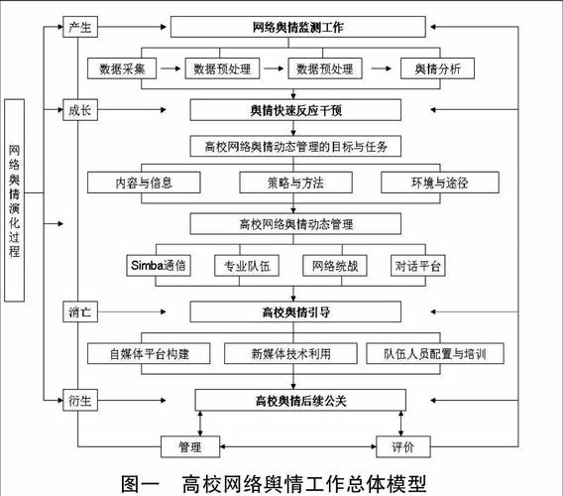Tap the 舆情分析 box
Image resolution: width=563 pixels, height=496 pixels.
point(436,69)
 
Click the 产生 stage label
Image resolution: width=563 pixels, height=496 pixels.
point(79,27)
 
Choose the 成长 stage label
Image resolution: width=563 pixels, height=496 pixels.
point(79,110)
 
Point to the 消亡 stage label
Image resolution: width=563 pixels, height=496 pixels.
point(79,311)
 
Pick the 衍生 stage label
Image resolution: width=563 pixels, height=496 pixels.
point(79,401)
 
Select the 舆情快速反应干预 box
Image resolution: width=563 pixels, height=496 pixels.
point(297,110)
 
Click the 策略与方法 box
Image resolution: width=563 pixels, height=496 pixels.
point(295,184)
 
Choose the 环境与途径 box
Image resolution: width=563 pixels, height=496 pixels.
point(438,184)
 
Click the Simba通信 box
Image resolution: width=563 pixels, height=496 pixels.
point(159,266)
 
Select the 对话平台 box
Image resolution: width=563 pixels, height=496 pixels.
point(419,266)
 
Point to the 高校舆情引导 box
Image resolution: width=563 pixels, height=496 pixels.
point(297,311)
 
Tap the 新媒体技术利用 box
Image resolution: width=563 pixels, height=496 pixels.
point(290,354)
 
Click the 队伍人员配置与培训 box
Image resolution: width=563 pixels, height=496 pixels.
point(435,354)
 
